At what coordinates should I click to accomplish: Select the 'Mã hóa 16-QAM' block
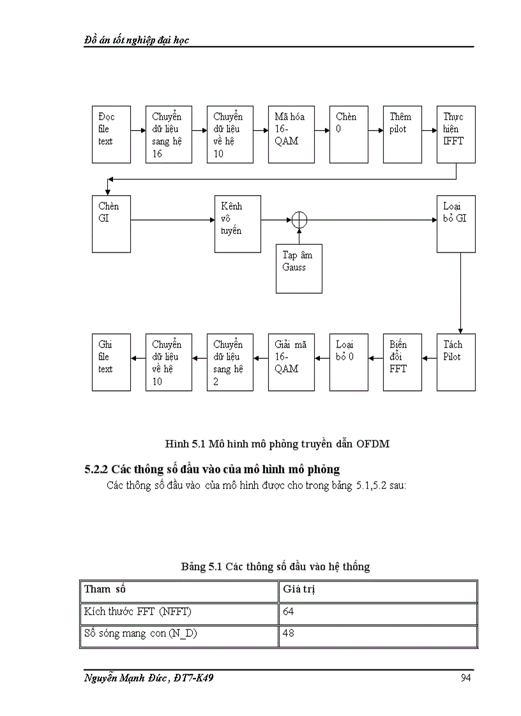[291, 135]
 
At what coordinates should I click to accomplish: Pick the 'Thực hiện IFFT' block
[456, 135]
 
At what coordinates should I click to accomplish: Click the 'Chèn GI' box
[111, 224]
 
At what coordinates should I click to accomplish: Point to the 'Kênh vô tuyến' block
[238, 224]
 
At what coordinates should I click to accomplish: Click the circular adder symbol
[299, 220]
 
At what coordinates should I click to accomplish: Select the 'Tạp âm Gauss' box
[299, 268]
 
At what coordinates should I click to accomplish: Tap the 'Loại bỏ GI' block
[456, 224]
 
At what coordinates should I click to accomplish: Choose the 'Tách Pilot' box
[456, 362]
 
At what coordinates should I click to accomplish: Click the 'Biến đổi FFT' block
[402, 362]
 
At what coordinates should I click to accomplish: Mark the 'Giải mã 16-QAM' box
[291, 362]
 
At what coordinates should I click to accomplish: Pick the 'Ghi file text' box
[111, 362]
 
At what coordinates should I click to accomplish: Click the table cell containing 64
[379, 613]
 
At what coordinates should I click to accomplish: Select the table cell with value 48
[379, 635]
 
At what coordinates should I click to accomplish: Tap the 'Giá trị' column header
[379, 590]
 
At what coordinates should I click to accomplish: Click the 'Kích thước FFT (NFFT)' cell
[179, 613]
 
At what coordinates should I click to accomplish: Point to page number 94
[465, 678]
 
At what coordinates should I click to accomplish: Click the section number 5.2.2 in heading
[97, 469]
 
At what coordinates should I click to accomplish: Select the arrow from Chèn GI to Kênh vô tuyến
[172, 220]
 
